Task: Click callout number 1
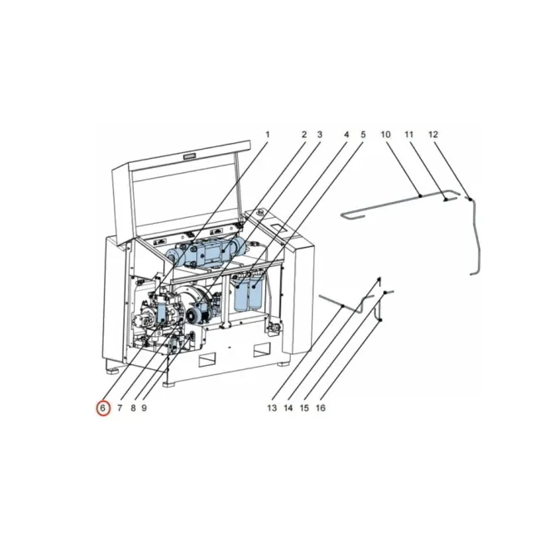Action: click(268, 134)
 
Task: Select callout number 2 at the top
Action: click(304, 134)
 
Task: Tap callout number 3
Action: click(319, 134)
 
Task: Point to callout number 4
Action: click(347, 134)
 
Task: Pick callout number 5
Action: click(363, 134)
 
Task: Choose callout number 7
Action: click(120, 408)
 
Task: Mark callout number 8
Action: click(133, 408)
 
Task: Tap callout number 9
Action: click(145, 408)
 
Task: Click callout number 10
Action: click(386, 134)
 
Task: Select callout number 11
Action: click(409, 134)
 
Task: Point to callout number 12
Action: click(433, 134)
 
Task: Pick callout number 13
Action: click(272, 408)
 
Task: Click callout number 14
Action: click(289, 408)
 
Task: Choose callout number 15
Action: click(305, 408)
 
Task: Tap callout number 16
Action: click(321, 408)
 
